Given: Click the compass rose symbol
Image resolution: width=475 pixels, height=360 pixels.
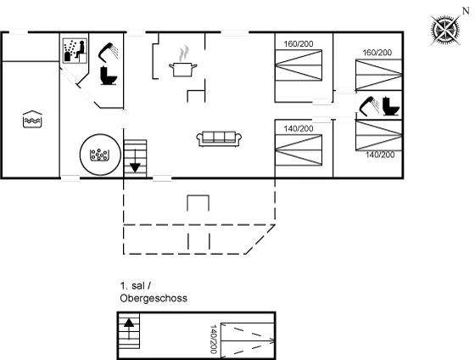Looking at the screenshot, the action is click(445, 31).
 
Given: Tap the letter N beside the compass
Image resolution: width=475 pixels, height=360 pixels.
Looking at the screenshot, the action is click(466, 11).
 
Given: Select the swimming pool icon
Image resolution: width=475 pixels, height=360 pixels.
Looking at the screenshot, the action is click(32, 119).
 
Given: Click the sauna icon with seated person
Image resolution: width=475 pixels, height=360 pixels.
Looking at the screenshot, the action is click(75, 51).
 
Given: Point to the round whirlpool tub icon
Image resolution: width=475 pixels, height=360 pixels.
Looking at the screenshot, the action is click(100, 155).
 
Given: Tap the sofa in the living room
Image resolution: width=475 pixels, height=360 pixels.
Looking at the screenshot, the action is click(219, 139).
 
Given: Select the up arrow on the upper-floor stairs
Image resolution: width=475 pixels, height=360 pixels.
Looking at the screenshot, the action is click(129, 329).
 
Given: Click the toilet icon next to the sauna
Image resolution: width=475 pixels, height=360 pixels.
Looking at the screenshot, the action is click(109, 76).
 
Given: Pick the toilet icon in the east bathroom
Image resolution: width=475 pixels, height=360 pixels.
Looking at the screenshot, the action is click(391, 106).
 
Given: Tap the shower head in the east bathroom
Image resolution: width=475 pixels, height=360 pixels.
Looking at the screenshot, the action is click(369, 106).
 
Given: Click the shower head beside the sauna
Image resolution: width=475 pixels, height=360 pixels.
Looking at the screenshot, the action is click(109, 53).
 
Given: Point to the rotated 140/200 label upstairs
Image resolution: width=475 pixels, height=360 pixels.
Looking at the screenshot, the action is click(213, 340).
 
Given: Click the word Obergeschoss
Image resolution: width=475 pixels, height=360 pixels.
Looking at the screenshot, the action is click(154, 298).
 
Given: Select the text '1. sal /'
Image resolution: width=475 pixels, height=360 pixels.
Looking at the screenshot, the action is click(136, 285).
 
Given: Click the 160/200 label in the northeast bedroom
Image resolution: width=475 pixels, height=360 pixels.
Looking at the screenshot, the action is click(377, 53).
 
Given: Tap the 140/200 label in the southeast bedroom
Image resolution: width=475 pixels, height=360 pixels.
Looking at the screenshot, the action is click(380, 155).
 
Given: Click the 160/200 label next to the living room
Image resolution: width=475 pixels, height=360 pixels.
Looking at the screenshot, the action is click(299, 44).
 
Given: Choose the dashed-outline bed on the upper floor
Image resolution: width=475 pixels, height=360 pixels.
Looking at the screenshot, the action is click(248, 340).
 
